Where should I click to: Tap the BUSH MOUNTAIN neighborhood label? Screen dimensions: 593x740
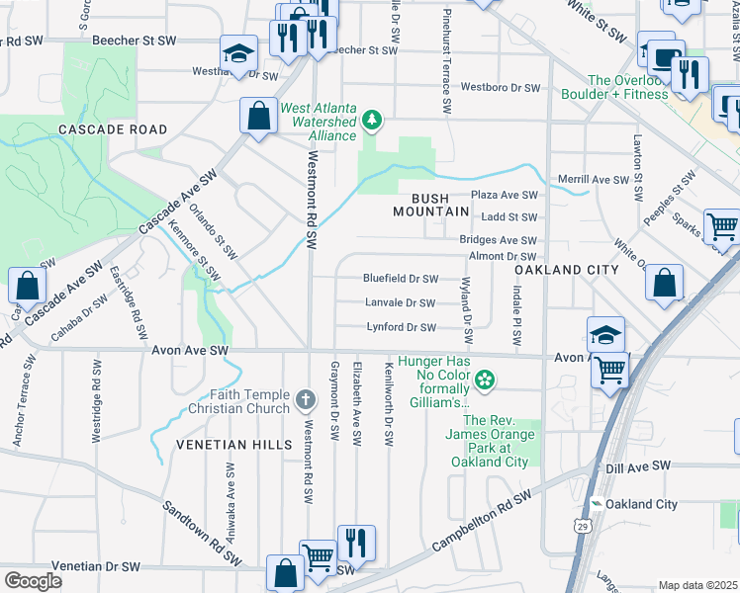(430, 205)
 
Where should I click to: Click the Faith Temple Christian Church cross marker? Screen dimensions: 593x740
(306, 402)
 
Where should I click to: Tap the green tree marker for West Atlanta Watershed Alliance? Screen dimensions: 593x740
(372, 121)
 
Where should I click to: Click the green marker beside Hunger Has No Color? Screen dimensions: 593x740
(484, 378)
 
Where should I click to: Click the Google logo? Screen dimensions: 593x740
(34, 581)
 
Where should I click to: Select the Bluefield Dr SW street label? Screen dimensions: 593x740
(400, 279)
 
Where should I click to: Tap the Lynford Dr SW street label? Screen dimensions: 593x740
(401, 327)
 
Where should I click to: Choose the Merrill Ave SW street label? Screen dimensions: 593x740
(593, 180)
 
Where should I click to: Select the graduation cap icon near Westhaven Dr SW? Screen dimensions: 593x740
(237, 53)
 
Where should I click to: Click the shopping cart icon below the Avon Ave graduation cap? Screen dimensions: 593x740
(610, 372)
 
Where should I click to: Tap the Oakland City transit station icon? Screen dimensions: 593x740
(596, 504)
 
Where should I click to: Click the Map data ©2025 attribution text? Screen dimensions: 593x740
(696, 585)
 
